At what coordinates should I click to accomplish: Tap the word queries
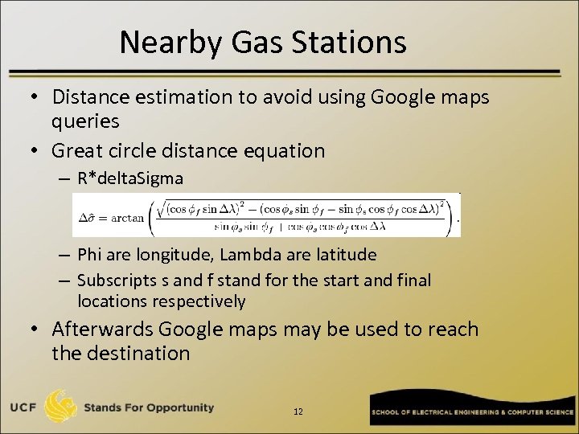(85, 121)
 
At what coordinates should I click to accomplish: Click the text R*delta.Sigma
(130, 178)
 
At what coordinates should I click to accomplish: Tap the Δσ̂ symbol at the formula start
(88, 217)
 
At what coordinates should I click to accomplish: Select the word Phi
(91, 255)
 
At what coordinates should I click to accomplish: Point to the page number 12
(298, 411)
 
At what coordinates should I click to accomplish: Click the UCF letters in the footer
(24, 408)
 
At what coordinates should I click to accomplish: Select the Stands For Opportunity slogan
(149, 407)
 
